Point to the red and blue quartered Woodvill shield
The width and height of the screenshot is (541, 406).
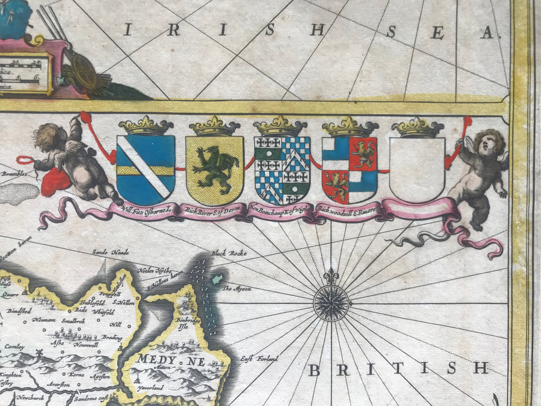point(350,169)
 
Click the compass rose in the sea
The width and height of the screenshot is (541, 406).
point(332,300)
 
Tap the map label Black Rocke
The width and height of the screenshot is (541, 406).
point(229,254)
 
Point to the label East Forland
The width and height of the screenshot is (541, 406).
point(259,359)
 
